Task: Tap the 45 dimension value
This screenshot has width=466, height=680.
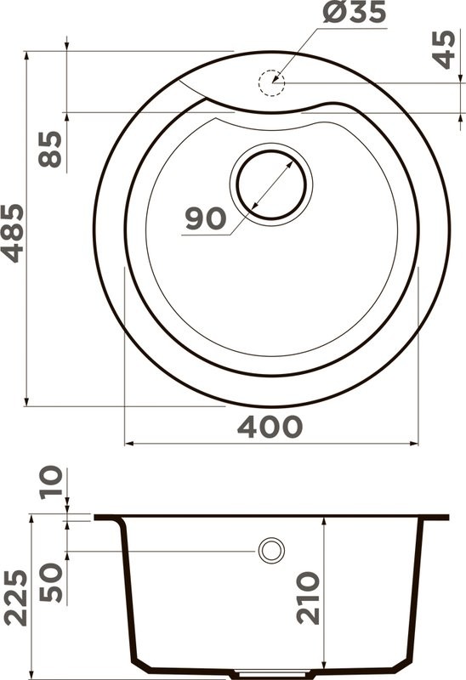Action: tap(444, 50)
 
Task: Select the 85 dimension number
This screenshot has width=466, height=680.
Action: tap(52, 149)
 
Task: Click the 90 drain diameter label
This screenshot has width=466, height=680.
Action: tap(206, 218)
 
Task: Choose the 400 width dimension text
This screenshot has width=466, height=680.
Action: tap(270, 427)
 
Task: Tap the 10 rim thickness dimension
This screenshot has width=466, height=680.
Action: tap(52, 484)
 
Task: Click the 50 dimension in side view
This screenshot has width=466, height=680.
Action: tap(52, 581)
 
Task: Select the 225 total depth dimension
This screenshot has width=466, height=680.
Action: tap(14, 596)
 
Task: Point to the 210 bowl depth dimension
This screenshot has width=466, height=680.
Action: tap(309, 598)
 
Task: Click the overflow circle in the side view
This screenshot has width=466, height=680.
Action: tap(271, 551)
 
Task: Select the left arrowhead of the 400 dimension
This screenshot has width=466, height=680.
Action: tap(128, 443)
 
